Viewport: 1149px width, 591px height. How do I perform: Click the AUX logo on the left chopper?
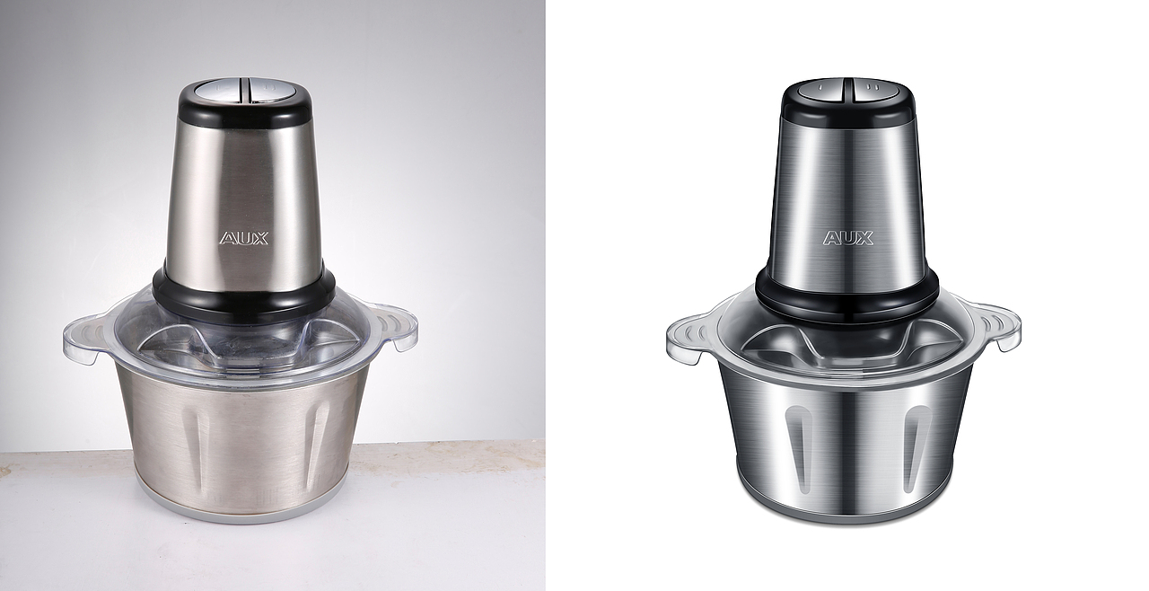tap(244, 238)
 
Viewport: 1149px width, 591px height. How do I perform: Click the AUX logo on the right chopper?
tap(848, 238)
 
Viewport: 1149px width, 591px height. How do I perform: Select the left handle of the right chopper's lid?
tap(690, 340)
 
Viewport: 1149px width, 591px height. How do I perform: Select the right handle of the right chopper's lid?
tap(996, 326)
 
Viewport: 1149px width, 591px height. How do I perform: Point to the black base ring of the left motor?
tap(243, 297)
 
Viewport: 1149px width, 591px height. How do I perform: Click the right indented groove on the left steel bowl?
tap(317, 440)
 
